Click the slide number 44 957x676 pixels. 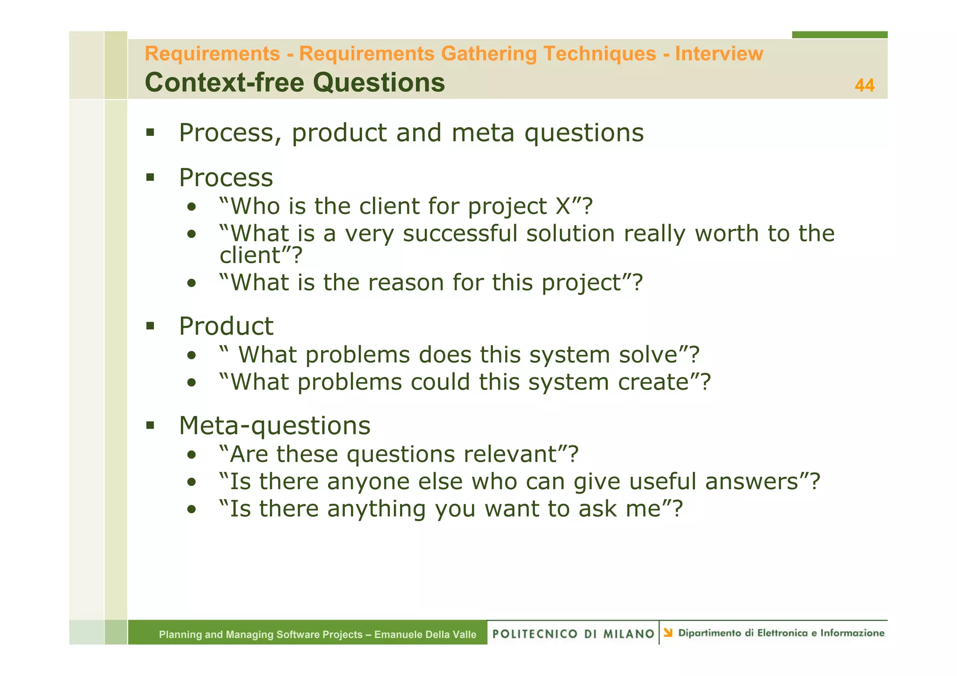pyautogui.click(x=864, y=85)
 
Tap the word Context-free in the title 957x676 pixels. pyautogui.click(x=224, y=83)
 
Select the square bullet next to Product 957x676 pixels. pyautogui.click(x=150, y=325)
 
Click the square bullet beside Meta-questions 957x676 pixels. pyautogui.click(x=150, y=425)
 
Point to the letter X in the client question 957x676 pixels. pyautogui.click(x=563, y=206)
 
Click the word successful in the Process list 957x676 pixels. pyautogui.click(x=460, y=233)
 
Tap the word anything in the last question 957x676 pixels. pyautogui.click(x=376, y=509)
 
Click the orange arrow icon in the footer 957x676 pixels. pyautogui.click(x=668, y=633)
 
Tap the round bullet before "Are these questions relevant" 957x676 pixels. pyautogui.click(x=191, y=455)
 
